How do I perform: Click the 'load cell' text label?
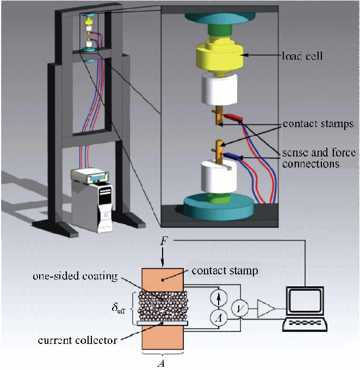[302, 55]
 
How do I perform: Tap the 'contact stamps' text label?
[318, 124]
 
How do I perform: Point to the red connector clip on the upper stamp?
[232, 117]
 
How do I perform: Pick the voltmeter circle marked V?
[238, 309]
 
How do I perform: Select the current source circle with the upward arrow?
[218, 298]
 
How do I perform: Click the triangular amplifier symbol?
[265, 309]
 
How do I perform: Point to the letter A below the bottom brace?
[162, 363]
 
